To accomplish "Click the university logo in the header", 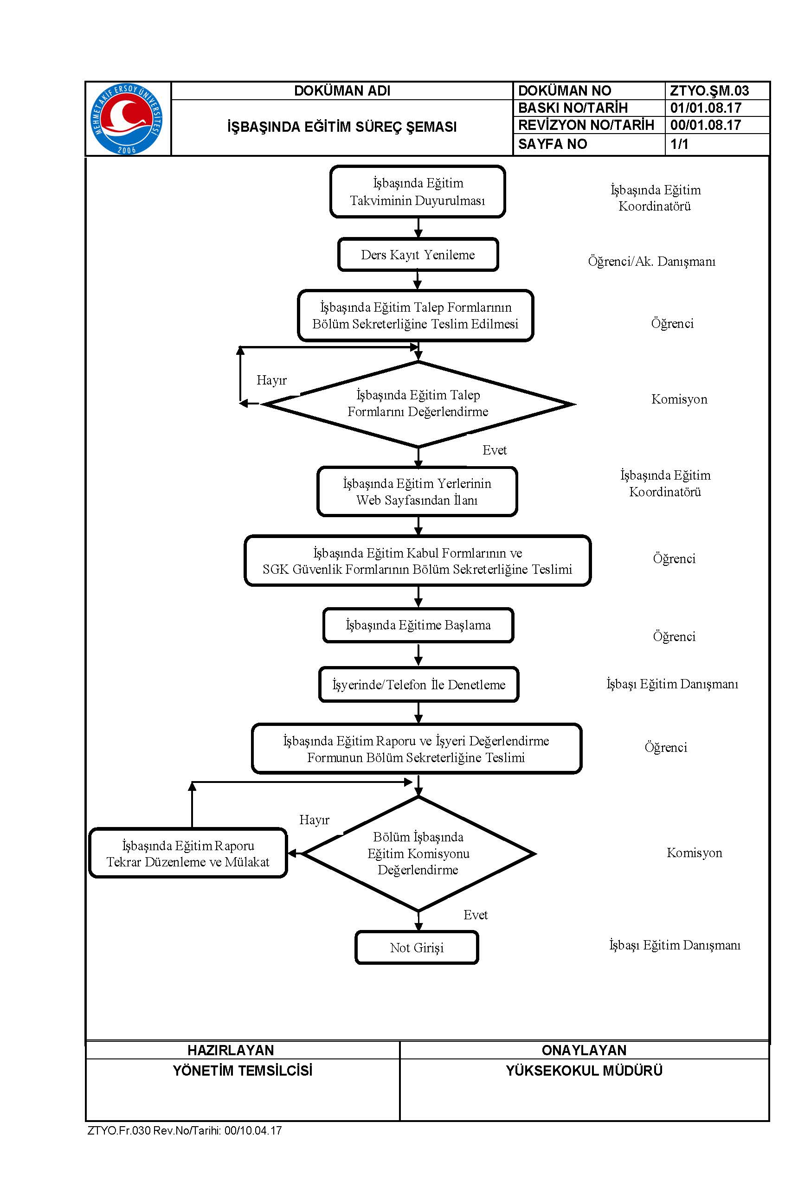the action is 127,119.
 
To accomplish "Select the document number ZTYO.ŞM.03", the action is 709,90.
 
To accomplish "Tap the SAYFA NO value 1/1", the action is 679,144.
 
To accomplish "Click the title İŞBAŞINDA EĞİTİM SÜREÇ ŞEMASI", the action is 341,127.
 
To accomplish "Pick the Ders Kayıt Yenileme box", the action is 418,254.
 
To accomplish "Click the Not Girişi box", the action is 417,947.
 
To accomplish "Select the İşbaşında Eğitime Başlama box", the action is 418,625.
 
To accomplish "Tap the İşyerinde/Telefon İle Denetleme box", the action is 418,684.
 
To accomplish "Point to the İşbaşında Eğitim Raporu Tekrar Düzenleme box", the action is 188,853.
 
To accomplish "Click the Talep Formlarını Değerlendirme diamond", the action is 418,404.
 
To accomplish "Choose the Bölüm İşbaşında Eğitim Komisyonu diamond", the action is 418,853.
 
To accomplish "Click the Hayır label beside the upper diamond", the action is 271,380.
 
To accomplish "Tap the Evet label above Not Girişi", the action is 476,915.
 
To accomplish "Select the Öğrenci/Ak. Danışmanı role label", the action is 651,262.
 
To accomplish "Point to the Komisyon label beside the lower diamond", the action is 694,853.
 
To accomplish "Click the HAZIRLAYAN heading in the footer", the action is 231,1050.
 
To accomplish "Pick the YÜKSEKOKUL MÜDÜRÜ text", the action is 584,1071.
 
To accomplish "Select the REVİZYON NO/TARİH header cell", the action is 586,125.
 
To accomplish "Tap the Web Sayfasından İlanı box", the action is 417,491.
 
